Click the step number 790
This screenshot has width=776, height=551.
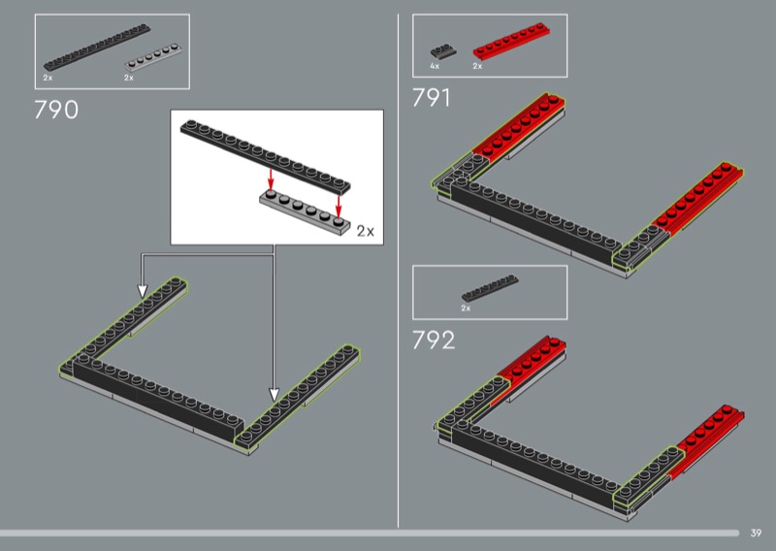[56, 110]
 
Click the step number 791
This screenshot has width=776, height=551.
[432, 98]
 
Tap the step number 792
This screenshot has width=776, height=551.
[434, 340]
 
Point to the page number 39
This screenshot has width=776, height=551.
[756, 533]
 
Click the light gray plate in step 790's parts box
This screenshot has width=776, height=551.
[153, 57]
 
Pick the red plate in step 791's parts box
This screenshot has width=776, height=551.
[512, 41]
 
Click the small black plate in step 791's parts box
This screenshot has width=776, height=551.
[443, 51]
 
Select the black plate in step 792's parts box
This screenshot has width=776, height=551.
[490, 288]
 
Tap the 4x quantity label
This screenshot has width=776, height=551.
[435, 66]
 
